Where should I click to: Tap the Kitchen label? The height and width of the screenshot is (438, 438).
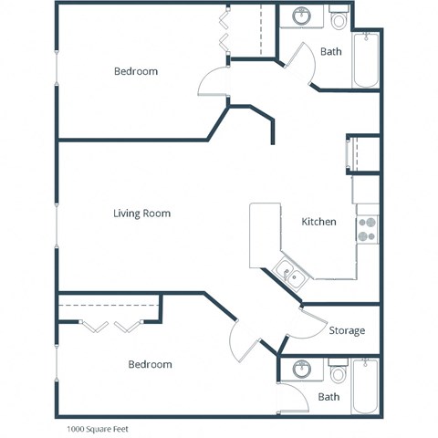(x=318, y=222)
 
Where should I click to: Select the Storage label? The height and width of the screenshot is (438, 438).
(x=347, y=330)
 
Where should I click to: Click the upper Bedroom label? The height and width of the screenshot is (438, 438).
(x=135, y=71)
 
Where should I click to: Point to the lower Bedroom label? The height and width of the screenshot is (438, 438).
(x=149, y=364)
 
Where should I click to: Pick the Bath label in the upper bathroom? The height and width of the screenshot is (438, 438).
(x=331, y=52)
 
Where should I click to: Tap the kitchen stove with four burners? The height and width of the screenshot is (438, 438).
(x=367, y=229)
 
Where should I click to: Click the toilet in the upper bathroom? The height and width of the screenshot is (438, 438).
(x=339, y=18)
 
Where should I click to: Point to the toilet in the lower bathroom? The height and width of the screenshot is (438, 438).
(x=339, y=372)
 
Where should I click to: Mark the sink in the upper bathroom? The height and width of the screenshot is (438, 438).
(x=301, y=16)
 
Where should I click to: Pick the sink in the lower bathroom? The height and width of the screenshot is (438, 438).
(x=301, y=370)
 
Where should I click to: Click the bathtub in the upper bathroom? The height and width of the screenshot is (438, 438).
(x=367, y=59)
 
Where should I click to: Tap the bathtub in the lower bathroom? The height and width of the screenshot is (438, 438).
(x=367, y=388)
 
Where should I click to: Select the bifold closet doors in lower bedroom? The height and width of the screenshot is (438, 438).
(x=111, y=325)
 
